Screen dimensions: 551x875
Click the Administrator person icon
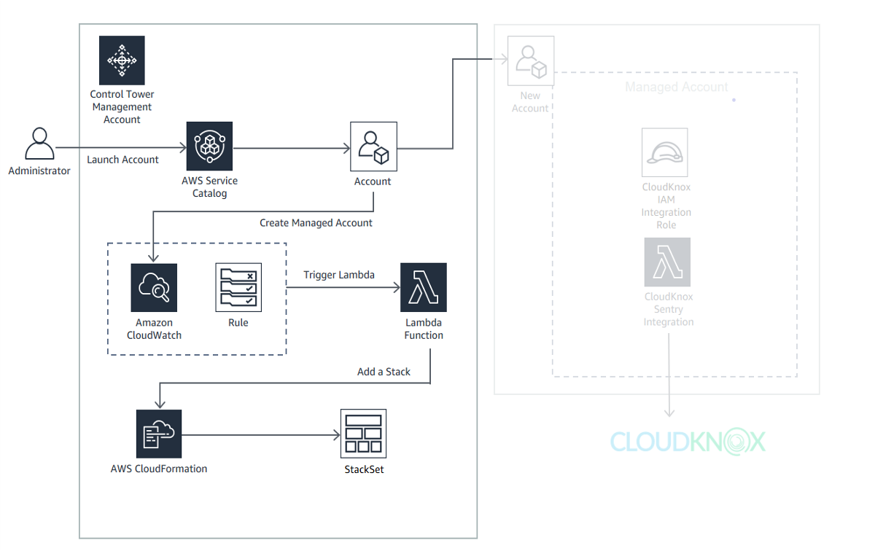(39, 144)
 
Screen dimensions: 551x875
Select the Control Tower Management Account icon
(122, 60)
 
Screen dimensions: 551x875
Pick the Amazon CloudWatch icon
(154, 288)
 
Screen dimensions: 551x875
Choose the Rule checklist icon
(238, 288)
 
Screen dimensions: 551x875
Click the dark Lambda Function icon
(424, 288)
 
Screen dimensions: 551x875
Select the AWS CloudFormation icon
(159, 433)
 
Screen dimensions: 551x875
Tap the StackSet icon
(363, 433)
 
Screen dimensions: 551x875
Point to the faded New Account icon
(530, 60)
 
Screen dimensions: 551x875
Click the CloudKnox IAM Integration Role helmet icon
(666, 152)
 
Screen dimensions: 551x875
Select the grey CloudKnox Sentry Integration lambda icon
(667, 262)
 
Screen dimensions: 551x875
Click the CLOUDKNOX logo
(688, 442)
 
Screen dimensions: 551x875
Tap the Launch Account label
(122, 160)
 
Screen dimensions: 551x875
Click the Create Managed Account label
(316, 223)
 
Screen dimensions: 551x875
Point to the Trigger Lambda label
(339, 275)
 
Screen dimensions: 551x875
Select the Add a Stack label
(384, 372)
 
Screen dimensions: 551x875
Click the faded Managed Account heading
(677, 87)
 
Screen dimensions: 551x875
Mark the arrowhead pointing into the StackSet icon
(336, 435)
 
